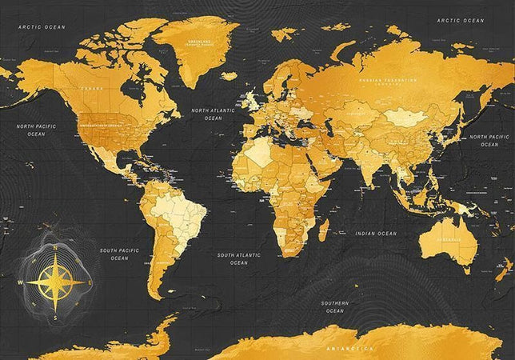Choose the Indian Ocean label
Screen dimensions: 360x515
pos(375,233)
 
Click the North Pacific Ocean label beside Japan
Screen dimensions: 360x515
pos(489,140)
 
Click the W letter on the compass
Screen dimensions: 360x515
pos(19,282)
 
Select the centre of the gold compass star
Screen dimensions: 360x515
pos(54,282)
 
